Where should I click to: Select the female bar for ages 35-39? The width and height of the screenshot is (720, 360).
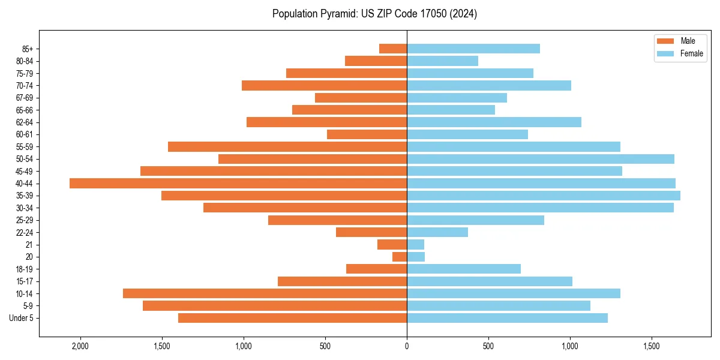[544, 196]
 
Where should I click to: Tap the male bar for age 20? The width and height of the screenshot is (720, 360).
[400, 257]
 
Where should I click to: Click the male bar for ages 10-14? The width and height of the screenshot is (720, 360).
[265, 293]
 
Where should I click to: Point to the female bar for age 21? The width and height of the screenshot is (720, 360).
[416, 245]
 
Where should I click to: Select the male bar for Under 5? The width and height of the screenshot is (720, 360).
[292, 318]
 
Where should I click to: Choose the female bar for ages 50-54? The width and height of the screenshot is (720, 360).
[541, 159]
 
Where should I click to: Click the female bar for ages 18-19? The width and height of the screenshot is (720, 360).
[464, 269]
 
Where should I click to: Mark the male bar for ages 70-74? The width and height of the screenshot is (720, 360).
[324, 86]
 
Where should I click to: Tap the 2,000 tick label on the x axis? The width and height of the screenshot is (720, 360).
[80, 346]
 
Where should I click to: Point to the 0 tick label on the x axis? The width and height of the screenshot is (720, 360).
[407, 346]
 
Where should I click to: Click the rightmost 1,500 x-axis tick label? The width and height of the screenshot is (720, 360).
[652, 346]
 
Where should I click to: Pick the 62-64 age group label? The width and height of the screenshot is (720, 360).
[25, 122]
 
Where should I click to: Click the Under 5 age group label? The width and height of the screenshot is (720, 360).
[22, 318]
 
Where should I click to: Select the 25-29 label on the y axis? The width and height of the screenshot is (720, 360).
[25, 220]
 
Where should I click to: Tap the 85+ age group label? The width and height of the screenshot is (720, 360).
[28, 49]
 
